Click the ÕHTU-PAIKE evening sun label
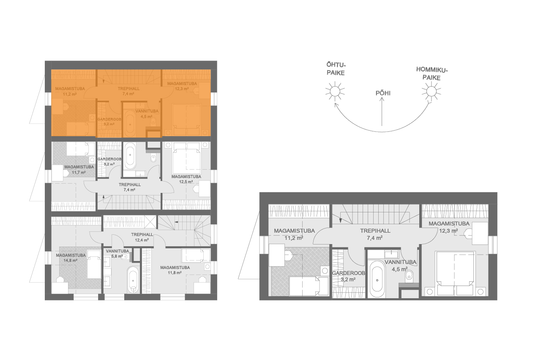click(336, 69)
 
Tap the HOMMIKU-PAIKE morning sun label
click(432, 74)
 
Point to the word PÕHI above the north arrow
click(383, 93)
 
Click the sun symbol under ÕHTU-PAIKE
click(335, 91)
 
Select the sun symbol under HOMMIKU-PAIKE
click(432, 91)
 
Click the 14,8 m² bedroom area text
click(70, 261)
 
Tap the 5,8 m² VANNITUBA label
click(117, 254)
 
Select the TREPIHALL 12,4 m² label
click(142, 237)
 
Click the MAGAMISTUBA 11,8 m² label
click(175, 270)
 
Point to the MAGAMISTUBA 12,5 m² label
click(186, 179)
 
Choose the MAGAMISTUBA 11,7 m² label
click(79, 169)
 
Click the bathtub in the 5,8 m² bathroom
click(133, 280)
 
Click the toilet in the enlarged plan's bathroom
click(409, 275)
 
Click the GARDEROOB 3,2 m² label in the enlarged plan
click(348, 276)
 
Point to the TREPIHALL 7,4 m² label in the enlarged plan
click(375, 234)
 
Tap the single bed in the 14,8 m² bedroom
click(94, 264)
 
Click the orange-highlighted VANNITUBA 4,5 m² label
click(147, 114)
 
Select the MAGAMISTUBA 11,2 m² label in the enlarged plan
click(294, 234)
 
